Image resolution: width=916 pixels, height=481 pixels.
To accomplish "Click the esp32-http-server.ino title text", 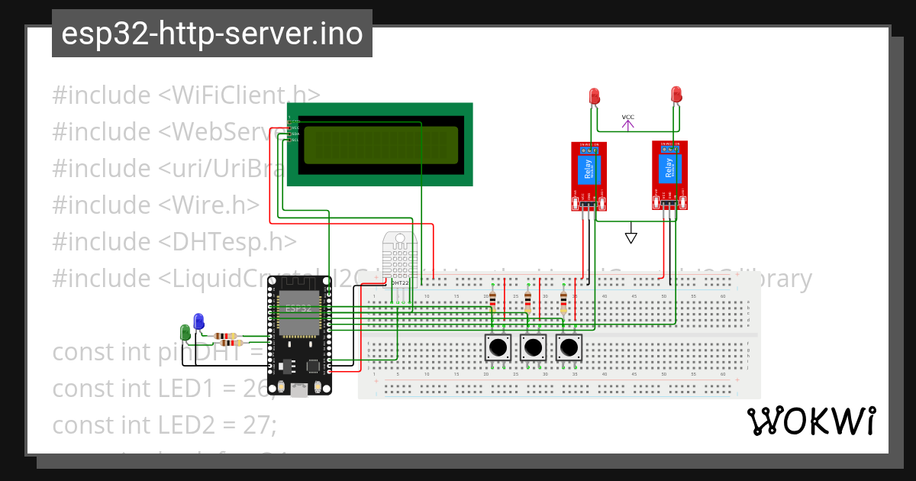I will pyautogui.click(x=211, y=34).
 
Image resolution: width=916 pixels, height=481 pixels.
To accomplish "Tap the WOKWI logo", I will pyautogui.click(x=811, y=421).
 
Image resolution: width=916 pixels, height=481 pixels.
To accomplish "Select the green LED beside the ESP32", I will pyautogui.click(x=185, y=331).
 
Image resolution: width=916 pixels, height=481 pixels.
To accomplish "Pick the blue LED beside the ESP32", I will pyautogui.click(x=199, y=321).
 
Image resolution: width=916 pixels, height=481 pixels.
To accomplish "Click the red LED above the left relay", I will pyautogui.click(x=595, y=95).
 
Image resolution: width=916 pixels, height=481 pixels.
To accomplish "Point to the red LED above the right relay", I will pyautogui.click(x=676, y=94).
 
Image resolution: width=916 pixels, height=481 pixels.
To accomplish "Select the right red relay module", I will pyautogui.click(x=670, y=174).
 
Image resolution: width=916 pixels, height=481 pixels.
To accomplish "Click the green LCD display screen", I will pyautogui.click(x=380, y=145).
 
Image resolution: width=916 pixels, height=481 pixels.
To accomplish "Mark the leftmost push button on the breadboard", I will pyautogui.click(x=498, y=348).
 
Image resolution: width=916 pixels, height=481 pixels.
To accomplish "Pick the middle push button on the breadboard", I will pyautogui.click(x=533, y=348).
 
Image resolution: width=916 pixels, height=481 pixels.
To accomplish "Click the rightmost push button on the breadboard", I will pyautogui.click(x=569, y=348).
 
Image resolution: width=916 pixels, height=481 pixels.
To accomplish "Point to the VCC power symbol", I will pyautogui.click(x=627, y=121).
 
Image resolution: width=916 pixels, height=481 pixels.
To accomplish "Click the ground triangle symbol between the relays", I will pyautogui.click(x=631, y=237).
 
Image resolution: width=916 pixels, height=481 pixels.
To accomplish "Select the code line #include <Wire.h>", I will pyautogui.click(x=156, y=205).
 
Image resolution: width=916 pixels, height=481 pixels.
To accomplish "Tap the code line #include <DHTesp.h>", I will pyautogui.click(x=174, y=241).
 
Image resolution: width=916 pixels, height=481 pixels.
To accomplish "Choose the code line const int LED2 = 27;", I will pyautogui.click(x=164, y=425).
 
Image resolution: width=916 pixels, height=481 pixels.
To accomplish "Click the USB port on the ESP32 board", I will pyautogui.click(x=299, y=390).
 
